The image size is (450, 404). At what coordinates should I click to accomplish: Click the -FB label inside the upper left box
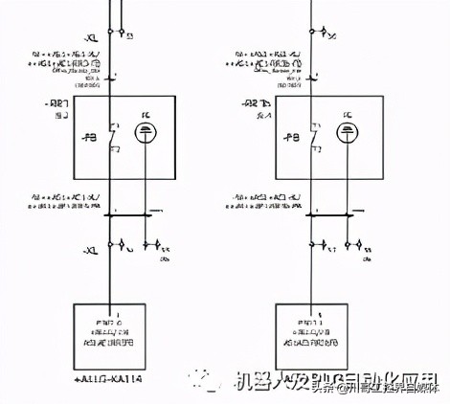[x=90, y=136]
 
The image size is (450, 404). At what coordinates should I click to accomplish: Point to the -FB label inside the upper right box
[x=291, y=136]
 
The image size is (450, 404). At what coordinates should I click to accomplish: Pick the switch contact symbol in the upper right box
[x=312, y=136]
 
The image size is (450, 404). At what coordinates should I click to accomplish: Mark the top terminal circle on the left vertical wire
[x=111, y=33]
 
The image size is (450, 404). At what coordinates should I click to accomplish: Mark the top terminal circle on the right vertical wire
[x=312, y=33]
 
